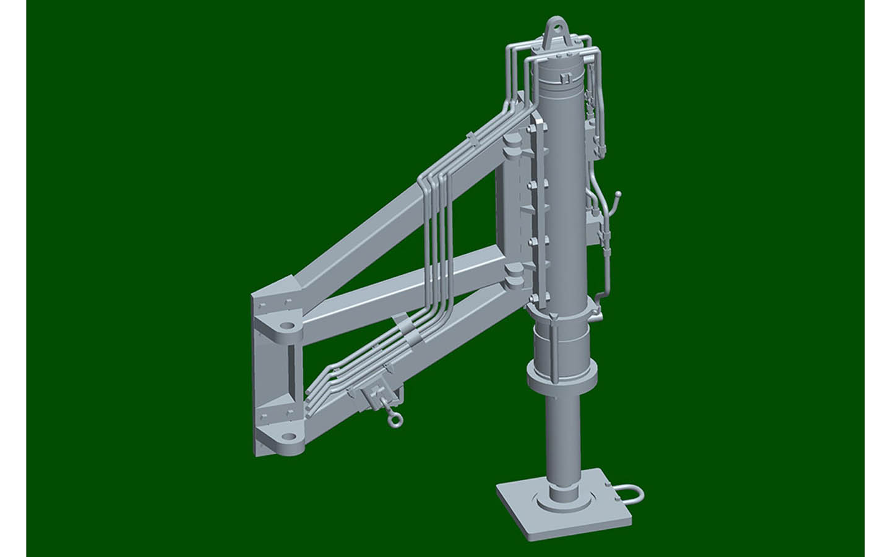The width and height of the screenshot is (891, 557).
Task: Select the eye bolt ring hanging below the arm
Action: (x=394, y=421)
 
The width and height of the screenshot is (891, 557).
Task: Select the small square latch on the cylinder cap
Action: (x=564, y=77)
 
